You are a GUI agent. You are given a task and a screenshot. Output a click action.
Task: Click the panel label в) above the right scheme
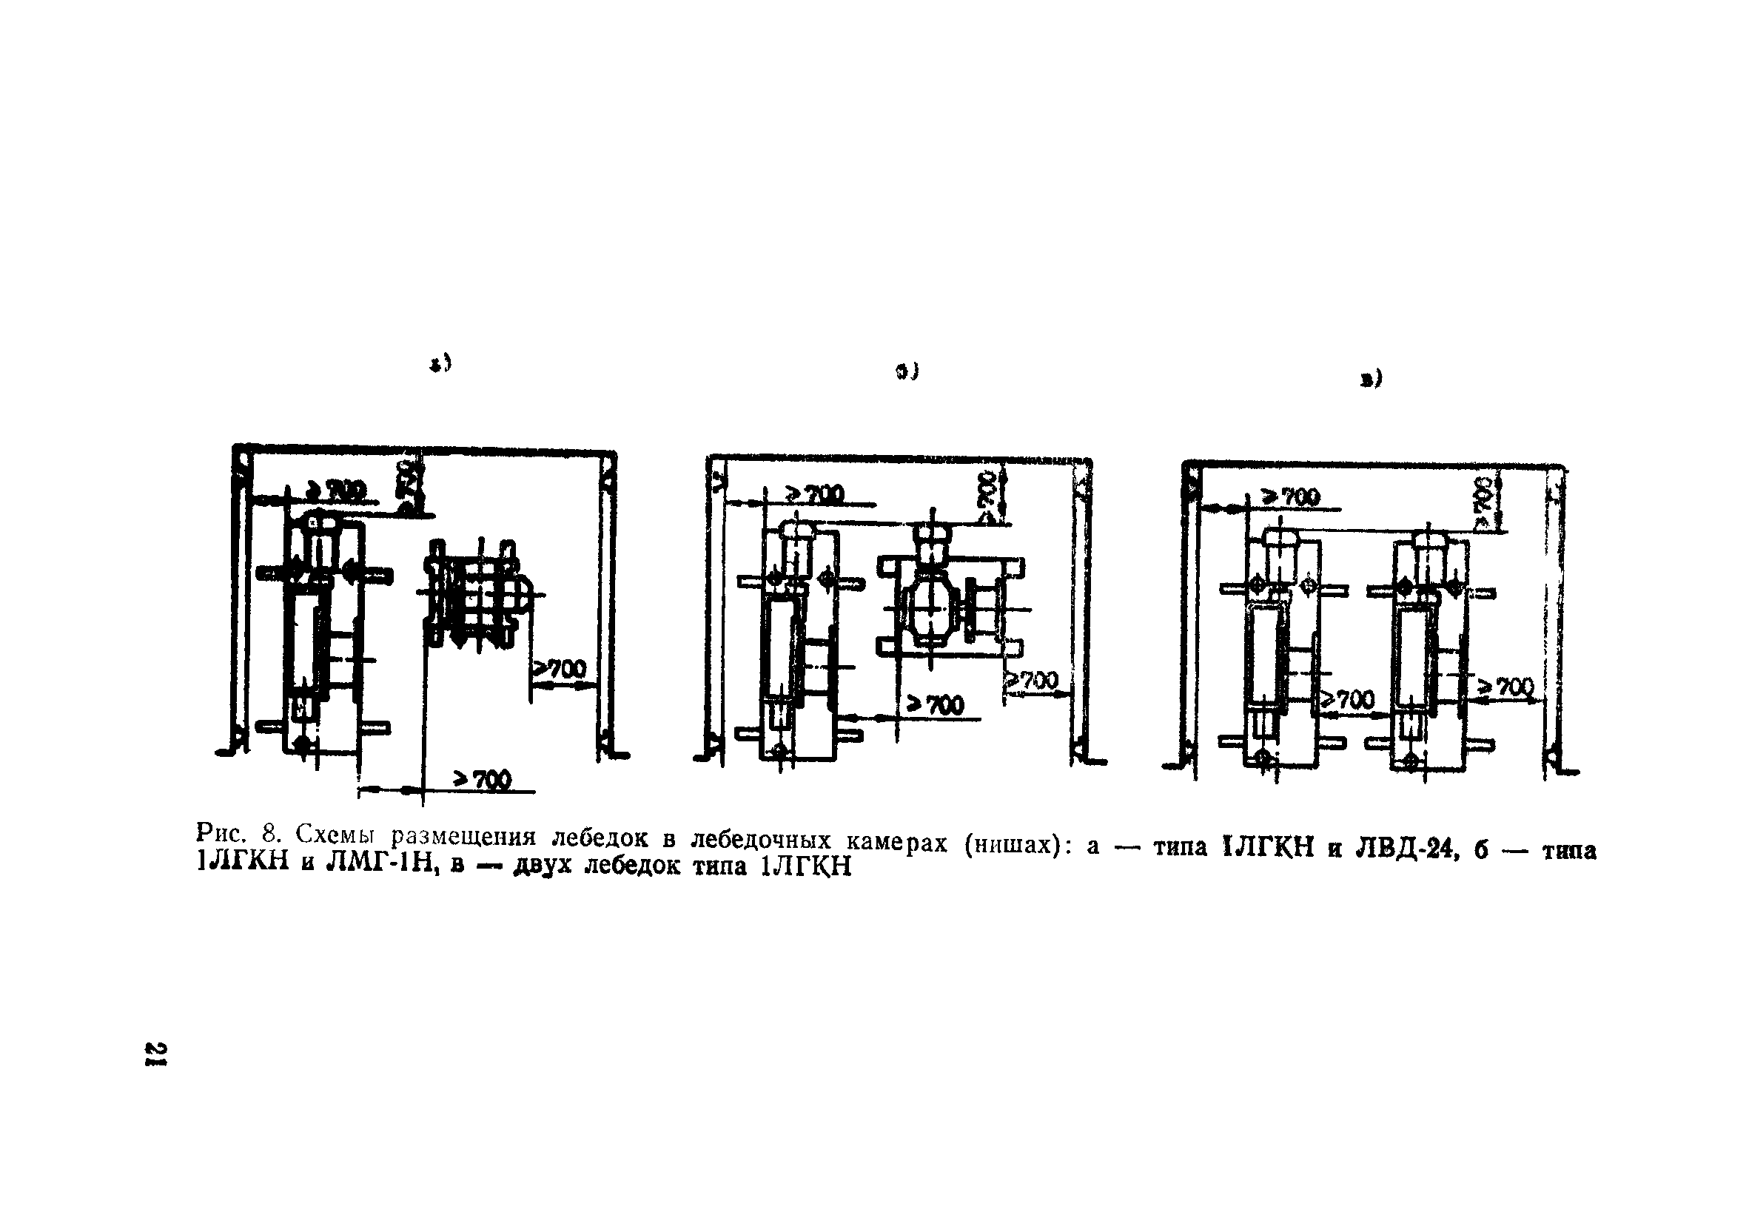pos(1370,379)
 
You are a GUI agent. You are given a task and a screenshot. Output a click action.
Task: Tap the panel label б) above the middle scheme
pos(907,371)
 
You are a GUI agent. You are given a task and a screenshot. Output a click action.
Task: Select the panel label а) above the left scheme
pos(441,364)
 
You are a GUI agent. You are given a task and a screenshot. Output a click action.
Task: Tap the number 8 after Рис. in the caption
pos(268,831)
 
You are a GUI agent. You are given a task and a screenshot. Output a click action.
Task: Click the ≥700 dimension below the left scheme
pos(483,779)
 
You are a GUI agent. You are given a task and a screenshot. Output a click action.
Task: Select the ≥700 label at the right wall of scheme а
pos(559,670)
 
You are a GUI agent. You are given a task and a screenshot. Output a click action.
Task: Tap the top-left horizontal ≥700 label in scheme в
pos(1292,497)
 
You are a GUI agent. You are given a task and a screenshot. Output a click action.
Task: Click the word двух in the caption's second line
pos(542,866)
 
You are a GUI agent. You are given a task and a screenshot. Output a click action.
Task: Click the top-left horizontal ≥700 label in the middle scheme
pos(816,494)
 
